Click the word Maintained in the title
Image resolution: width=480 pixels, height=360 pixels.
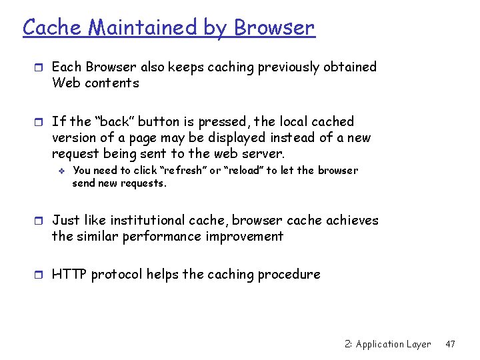click(x=142, y=28)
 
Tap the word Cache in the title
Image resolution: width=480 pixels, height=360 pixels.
click(x=53, y=28)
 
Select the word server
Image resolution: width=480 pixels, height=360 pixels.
click(x=263, y=155)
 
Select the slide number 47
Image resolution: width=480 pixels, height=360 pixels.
click(x=450, y=344)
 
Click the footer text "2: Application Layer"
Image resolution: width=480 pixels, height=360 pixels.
click(x=388, y=344)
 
